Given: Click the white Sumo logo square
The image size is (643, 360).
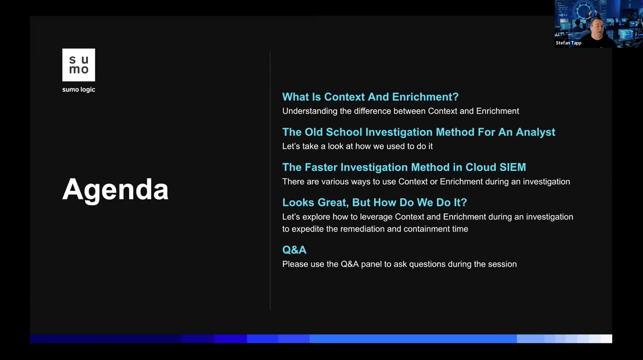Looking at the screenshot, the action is [x=79, y=65].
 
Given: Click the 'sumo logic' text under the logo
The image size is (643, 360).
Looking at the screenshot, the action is [x=79, y=90].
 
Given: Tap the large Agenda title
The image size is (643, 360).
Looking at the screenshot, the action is [x=115, y=190].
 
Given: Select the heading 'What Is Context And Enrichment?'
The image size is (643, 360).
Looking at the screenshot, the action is [x=370, y=97].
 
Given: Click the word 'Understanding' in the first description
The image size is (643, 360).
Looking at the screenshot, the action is [x=310, y=111].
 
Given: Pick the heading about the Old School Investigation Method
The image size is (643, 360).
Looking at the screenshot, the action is [x=419, y=132].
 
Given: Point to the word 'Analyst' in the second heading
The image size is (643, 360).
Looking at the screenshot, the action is [x=535, y=132].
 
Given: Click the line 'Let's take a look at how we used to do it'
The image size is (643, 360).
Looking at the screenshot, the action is [x=357, y=146].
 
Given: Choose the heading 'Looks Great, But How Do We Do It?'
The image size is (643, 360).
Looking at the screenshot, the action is [x=375, y=203].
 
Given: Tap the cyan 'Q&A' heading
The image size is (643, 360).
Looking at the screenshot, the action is [x=294, y=250].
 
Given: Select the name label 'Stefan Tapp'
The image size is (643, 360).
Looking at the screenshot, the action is [x=568, y=43].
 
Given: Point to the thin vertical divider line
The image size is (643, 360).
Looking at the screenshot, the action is [x=270, y=180].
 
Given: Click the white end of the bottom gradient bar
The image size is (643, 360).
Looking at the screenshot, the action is [x=606, y=339].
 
